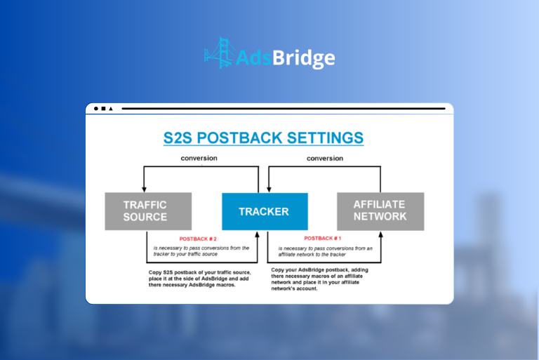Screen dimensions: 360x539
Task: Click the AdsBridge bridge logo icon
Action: pyautogui.click(x=217, y=52)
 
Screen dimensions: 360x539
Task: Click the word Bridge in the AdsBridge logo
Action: pyautogui.click(x=308, y=58)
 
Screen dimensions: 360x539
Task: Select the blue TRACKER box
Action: pyautogui.click(x=263, y=211)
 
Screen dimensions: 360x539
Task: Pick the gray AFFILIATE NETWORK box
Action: pyautogui.click(x=380, y=211)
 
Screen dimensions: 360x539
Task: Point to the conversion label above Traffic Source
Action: pyautogui.click(x=199, y=158)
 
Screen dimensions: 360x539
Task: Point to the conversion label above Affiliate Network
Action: pyautogui.click(x=325, y=158)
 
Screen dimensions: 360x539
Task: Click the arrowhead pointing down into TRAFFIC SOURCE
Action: pyautogui.click(x=144, y=188)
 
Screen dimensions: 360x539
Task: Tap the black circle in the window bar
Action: pyautogui.click(x=96, y=109)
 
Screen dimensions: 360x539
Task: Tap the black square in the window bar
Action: pyautogui.click(x=103, y=109)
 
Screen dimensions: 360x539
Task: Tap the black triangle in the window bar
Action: pyautogui.click(x=111, y=109)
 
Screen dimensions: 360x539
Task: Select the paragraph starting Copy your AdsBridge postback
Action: pyautogui.click(x=324, y=279)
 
